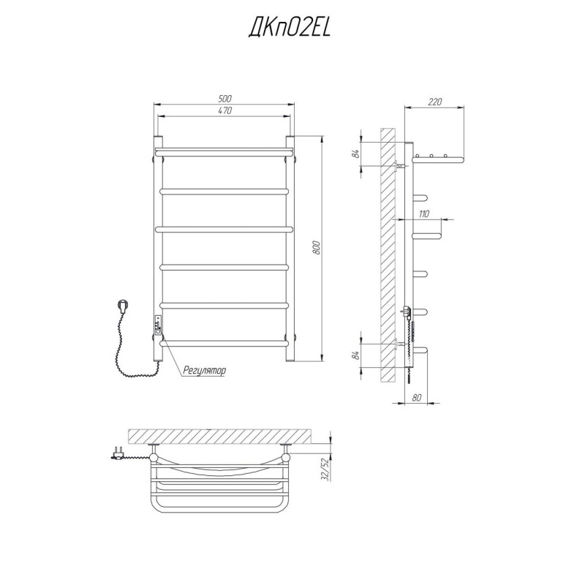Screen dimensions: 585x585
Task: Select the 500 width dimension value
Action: click(225, 99)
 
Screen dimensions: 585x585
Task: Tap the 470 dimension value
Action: click(225, 110)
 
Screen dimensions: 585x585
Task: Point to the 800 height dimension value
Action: click(317, 249)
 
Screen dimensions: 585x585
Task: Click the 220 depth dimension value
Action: click(434, 102)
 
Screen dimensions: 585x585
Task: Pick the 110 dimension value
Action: click(424, 214)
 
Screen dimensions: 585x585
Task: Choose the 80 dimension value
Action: click(417, 398)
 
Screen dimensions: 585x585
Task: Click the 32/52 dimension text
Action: click(325, 469)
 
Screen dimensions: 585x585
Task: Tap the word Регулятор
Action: click(205, 371)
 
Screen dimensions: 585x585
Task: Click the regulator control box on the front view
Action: click(159, 325)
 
